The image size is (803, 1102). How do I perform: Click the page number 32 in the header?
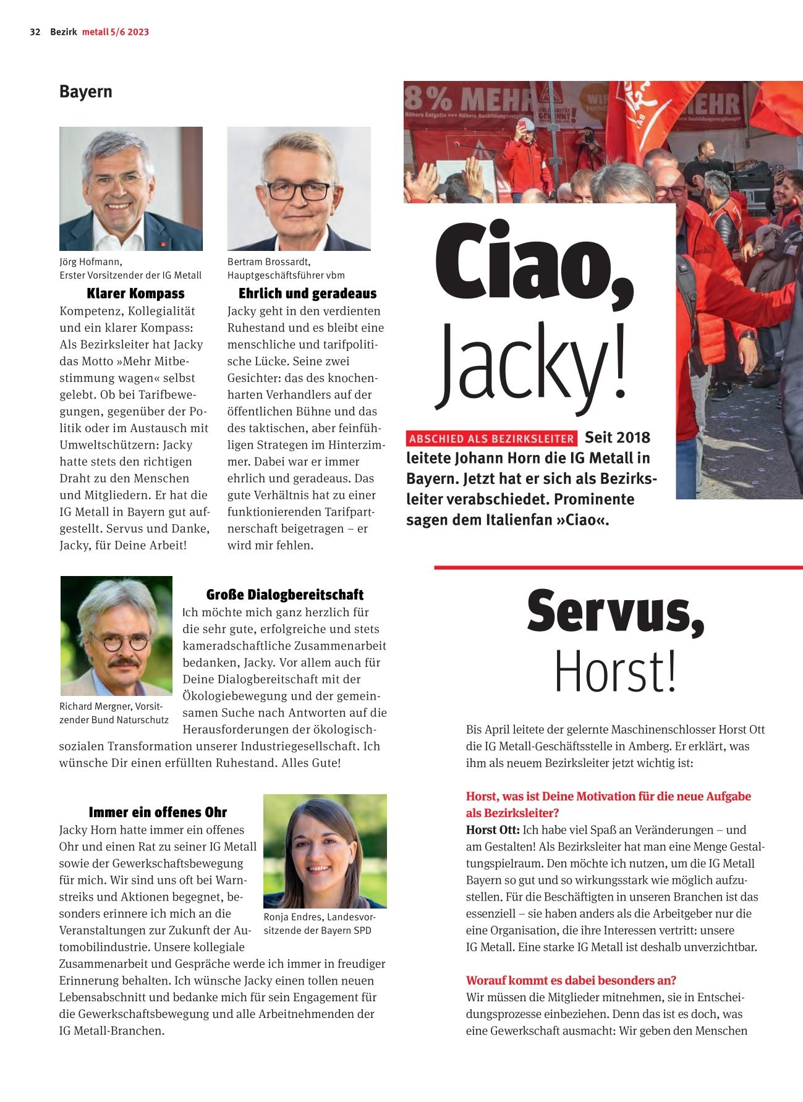coord(35,32)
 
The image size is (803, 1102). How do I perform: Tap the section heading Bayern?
coord(86,91)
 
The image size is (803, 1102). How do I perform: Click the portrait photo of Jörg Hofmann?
coord(131,189)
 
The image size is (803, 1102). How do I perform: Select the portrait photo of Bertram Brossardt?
coord(299,189)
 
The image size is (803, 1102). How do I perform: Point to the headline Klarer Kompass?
coord(135,293)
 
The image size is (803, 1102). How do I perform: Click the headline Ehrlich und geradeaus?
coord(307,293)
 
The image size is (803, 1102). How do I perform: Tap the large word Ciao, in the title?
coord(534,265)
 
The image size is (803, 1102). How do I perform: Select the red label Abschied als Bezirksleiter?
coord(491,439)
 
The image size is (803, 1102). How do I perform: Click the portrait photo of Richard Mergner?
coord(116,635)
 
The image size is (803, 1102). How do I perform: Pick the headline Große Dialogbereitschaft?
coord(284,595)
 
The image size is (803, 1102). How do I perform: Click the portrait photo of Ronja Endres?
coord(325,850)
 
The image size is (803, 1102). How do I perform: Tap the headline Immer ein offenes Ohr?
coord(158,812)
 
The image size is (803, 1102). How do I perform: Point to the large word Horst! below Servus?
coord(615,672)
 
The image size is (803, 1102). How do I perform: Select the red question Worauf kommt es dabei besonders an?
coord(571,980)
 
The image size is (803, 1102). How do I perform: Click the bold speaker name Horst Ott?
coord(493,830)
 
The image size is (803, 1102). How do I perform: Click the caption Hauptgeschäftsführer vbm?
coord(286,275)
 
